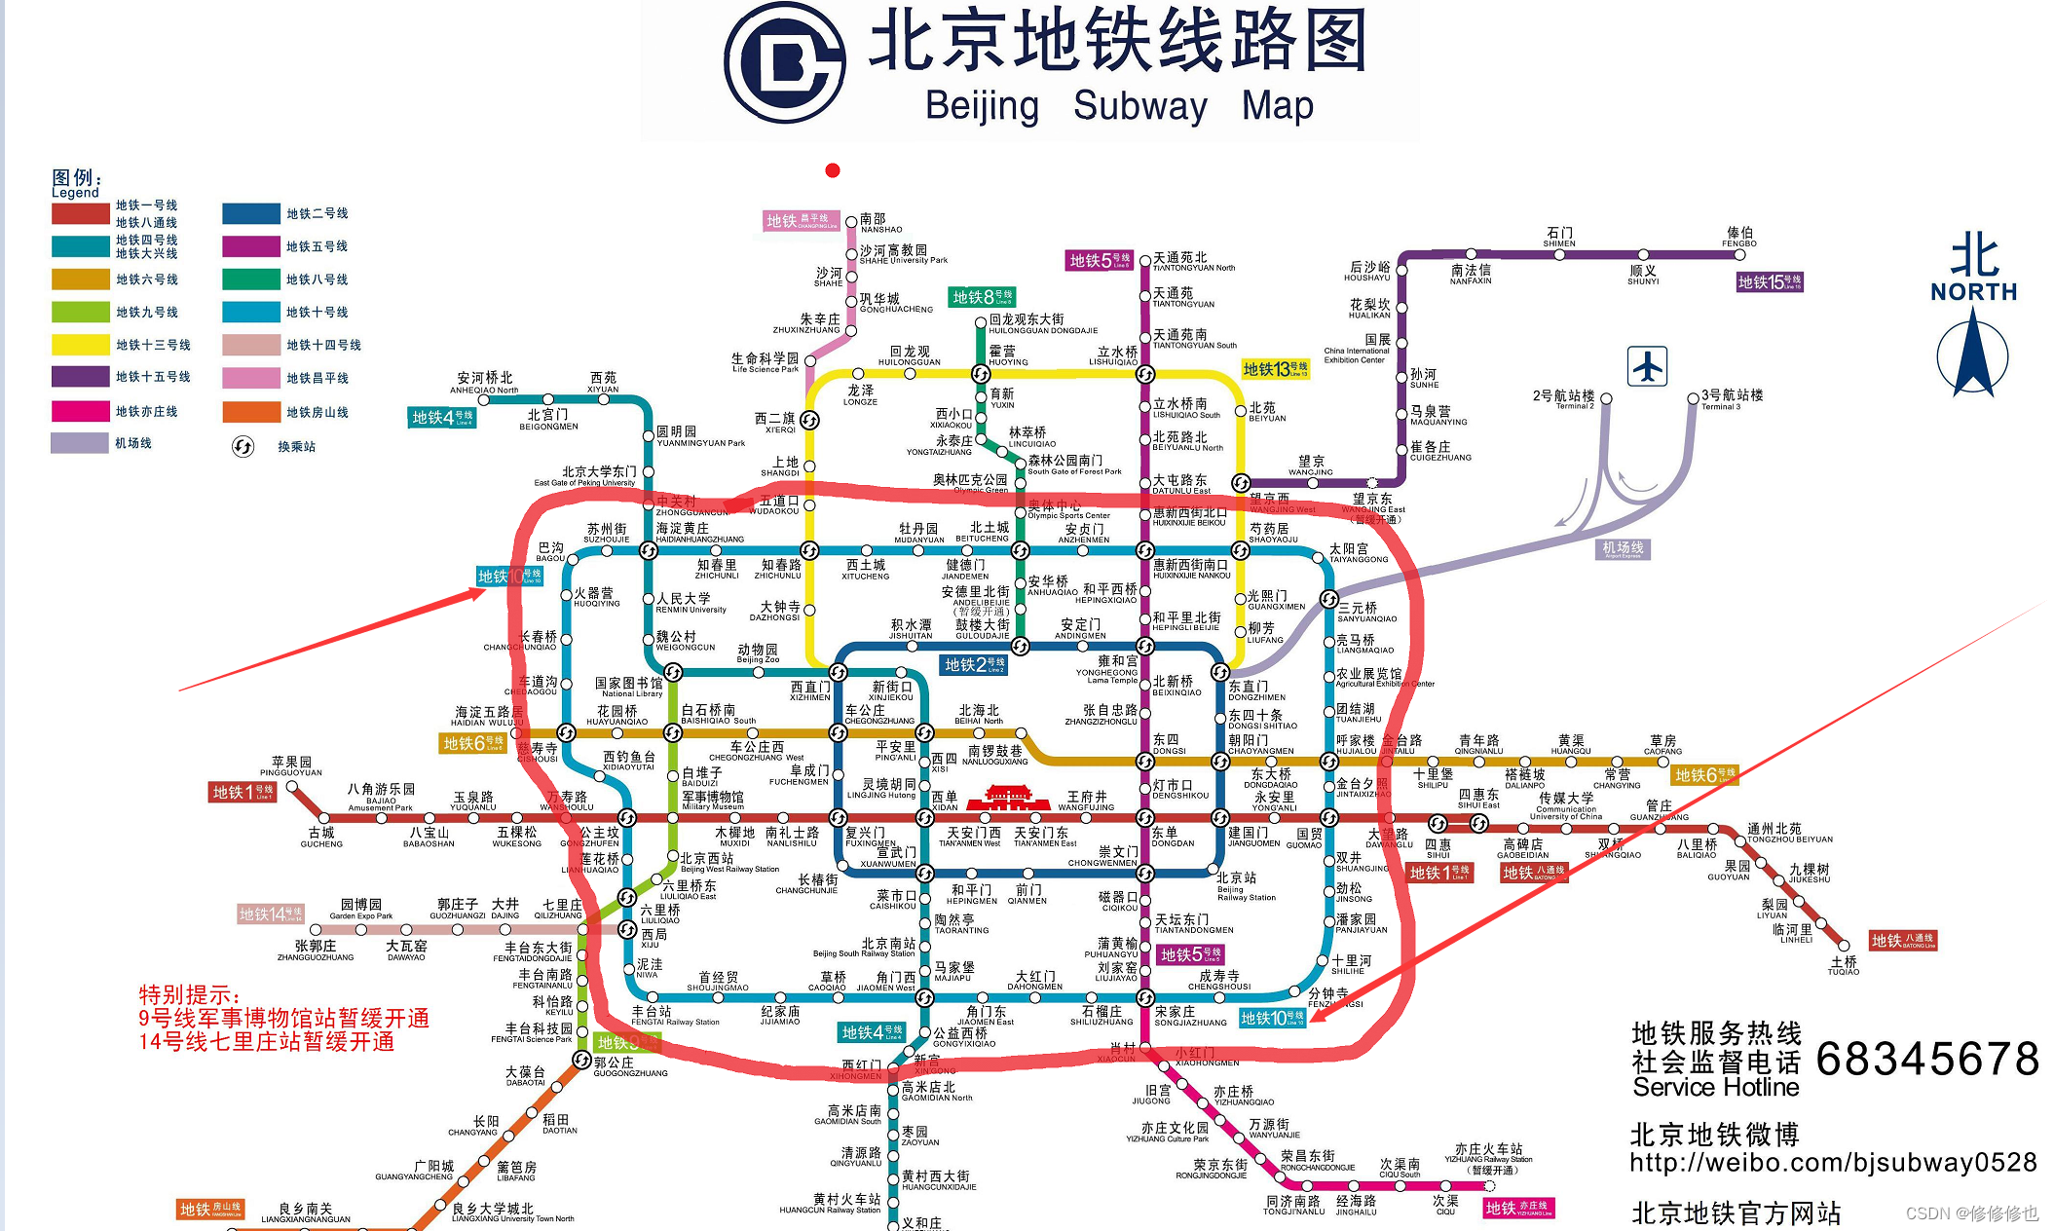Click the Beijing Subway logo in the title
[x=785, y=62]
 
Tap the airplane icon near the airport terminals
[x=1647, y=366]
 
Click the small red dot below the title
[x=832, y=170]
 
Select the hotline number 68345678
[x=1926, y=1059]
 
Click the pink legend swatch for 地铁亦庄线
[x=80, y=411]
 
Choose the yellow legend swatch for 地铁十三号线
[x=80, y=345]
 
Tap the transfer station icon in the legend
[x=243, y=446]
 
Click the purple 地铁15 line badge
[x=1769, y=282]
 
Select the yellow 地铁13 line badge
[x=1275, y=369]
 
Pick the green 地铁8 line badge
[x=983, y=297]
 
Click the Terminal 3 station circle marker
[x=1693, y=398]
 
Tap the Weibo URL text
[x=1833, y=1163]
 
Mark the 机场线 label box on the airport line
[x=1623, y=549]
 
